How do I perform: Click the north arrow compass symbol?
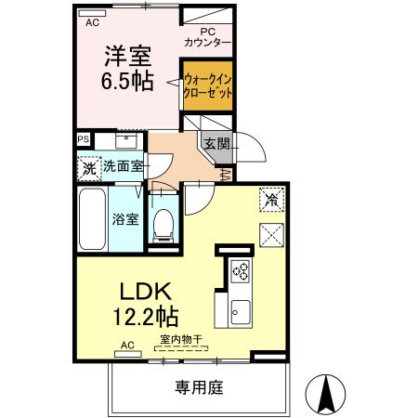[x=326, y=394]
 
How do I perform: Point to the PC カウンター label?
[x=207, y=37]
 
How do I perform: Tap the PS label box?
[x=84, y=139]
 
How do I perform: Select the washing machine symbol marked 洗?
[x=88, y=169]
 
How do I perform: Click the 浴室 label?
[x=125, y=220]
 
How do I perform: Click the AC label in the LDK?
[x=127, y=346]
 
